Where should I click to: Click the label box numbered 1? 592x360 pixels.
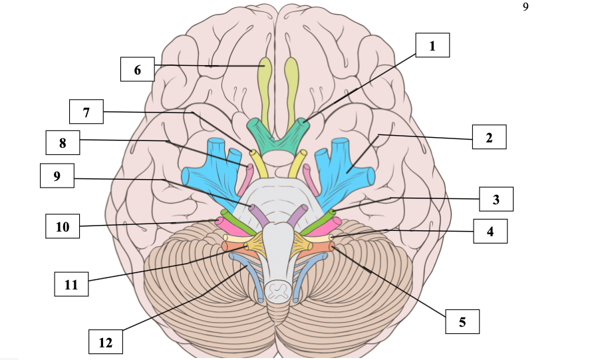tap(432, 46)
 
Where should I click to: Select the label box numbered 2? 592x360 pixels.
tap(489, 138)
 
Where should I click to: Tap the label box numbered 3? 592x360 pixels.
tap(496, 199)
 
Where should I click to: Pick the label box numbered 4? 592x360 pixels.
tap(490, 231)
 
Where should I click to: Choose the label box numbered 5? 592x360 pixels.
tap(462, 321)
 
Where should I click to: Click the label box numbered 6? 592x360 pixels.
tap(137, 69)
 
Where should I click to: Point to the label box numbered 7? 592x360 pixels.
tap(86, 112)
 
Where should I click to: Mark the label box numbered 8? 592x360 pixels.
tap(63, 142)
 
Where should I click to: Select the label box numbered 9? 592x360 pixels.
tap(57, 176)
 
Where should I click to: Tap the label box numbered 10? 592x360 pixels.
tap(63, 226)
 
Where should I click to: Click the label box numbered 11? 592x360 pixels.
tap(71, 284)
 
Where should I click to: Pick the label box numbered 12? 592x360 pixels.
tap(106, 342)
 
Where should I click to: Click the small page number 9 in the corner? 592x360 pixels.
tap(525, 7)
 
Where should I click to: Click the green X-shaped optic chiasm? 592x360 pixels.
tap(279, 135)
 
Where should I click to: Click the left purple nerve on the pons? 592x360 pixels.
tap(259, 214)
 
